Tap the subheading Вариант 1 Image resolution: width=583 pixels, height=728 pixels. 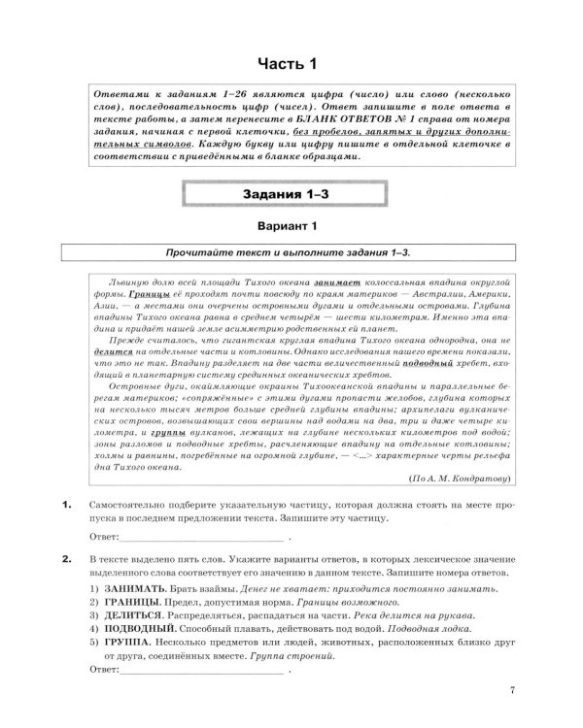coord(291,229)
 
